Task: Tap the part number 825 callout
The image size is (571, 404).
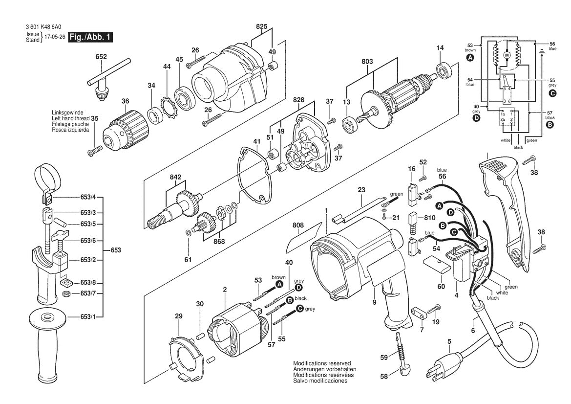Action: [261, 28]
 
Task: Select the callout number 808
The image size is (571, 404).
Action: [298, 225]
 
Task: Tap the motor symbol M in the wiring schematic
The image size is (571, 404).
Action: [507, 55]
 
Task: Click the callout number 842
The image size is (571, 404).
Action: [176, 177]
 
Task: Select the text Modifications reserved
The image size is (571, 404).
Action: [322, 363]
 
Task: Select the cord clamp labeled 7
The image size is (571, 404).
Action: [417, 312]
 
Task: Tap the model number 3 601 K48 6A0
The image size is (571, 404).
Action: [44, 27]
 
